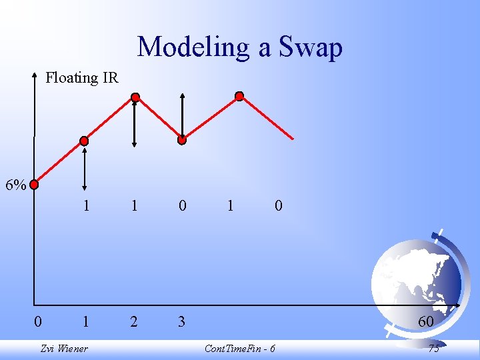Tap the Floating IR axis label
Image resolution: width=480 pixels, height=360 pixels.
click(x=81, y=78)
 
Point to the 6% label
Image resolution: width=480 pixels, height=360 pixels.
click(x=15, y=185)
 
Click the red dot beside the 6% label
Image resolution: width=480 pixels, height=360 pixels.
click(x=34, y=185)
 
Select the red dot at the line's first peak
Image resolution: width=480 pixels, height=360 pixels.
click(x=135, y=97)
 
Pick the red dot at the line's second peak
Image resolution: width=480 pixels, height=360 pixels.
click(x=239, y=96)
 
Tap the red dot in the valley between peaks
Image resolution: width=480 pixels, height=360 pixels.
click(x=182, y=140)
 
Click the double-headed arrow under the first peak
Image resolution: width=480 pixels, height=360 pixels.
click(x=135, y=123)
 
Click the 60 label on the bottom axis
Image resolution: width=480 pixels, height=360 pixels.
click(x=425, y=322)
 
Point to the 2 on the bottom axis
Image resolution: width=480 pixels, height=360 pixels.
click(x=134, y=322)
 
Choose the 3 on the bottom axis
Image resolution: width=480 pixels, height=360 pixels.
click(x=182, y=322)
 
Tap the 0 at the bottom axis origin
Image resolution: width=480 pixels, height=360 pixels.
click(x=38, y=322)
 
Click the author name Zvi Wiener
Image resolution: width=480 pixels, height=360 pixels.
click(x=64, y=349)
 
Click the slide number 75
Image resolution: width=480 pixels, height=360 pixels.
click(x=433, y=349)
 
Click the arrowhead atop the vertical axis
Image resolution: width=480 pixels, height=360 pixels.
click(x=35, y=77)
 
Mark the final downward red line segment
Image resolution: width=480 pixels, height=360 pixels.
click(x=267, y=118)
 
